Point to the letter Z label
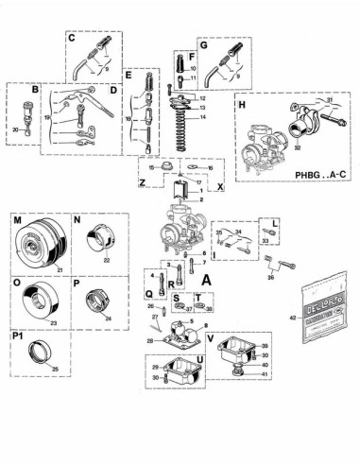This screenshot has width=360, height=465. (141, 180)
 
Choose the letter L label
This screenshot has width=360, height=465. (273, 223)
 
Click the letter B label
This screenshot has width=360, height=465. (35, 91)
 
